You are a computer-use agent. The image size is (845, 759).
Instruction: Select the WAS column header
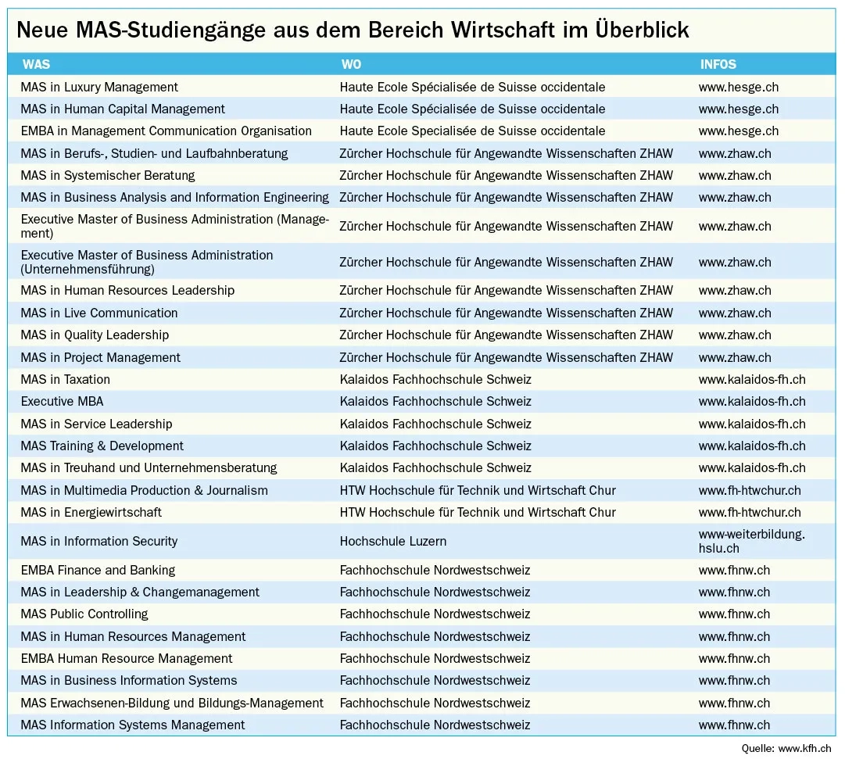36,64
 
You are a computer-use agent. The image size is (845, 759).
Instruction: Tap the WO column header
351,64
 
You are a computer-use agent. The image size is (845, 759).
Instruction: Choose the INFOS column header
718,64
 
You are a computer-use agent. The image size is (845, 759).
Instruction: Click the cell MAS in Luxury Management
99,87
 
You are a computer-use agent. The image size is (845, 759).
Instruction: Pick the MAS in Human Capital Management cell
123,109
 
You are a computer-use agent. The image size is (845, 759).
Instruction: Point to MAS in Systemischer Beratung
108,175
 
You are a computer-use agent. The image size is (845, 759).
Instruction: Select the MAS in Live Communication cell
99,313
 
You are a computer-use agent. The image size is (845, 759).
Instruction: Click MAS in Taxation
66,379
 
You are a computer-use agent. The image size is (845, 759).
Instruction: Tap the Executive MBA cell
62,401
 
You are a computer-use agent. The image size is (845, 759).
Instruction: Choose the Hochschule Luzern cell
393,541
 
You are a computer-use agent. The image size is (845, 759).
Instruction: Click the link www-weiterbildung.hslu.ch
751,541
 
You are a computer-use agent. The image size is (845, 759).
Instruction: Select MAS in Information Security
99,541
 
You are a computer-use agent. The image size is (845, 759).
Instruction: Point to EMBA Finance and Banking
98,570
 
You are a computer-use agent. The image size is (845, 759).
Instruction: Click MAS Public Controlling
84,614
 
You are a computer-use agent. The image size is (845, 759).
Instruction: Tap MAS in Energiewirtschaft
91,512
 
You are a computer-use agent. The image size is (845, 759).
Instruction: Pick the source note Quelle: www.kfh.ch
788,749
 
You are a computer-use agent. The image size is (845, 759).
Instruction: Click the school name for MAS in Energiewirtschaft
478,512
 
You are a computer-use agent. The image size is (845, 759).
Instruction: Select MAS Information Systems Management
133,725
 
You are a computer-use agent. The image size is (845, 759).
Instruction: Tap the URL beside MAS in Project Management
735,357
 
